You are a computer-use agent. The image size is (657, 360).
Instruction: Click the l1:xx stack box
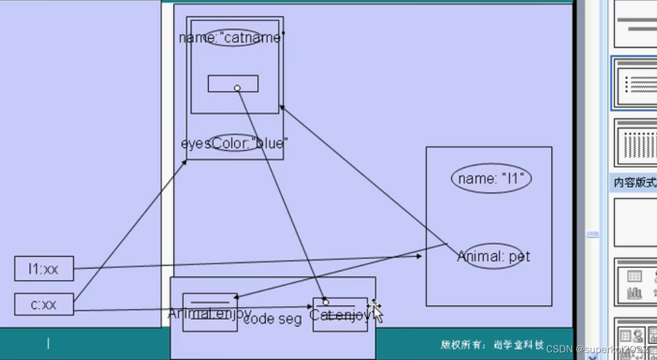point(44,269)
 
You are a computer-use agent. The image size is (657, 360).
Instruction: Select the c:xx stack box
point(44,304)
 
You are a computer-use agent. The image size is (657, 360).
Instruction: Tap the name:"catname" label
point(232,38)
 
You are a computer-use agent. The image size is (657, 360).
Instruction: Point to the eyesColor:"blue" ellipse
point(234,143)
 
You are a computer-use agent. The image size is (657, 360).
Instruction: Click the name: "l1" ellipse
point(492,179)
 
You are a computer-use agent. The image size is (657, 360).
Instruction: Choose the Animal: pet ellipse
point(493,256)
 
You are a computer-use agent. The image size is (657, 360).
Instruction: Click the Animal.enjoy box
point(210,313)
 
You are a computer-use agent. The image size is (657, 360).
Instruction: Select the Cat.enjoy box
point(340,315)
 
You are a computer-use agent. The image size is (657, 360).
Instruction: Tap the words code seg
point(273,319)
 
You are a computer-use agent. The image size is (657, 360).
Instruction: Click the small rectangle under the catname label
point(233,83)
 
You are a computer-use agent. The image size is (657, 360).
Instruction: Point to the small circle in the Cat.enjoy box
point(326,303)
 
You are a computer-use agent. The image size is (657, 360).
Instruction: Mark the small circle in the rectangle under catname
point(237,88)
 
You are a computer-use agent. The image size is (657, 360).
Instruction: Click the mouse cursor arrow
point(377,313)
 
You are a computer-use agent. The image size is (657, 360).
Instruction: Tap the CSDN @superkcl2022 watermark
point(597,349)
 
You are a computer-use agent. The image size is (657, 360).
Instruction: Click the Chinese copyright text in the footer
point(492,345)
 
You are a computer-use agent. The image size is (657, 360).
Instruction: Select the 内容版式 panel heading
point(634,183)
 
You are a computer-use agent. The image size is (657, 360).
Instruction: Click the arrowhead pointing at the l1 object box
point(419,256)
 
